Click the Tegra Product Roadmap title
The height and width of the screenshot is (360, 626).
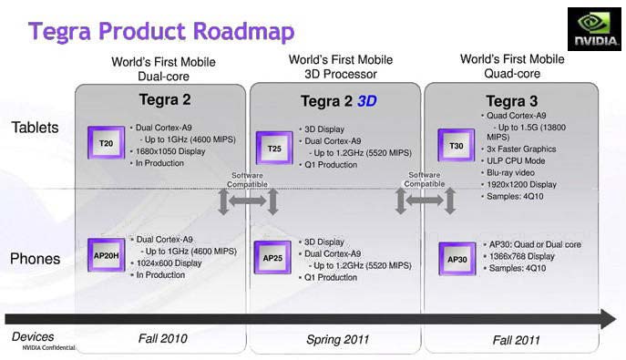coord(161,32)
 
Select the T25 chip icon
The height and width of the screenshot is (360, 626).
coord(274,148)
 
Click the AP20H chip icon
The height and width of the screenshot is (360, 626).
coord(106,254)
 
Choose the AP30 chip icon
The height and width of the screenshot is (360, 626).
coord(456,259)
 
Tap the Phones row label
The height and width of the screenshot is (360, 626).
coord(35,260)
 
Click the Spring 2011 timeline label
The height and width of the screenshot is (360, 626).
coord(336,339)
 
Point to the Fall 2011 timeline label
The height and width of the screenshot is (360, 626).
coord(517,339)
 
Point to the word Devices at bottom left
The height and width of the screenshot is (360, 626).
coord(33,336)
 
